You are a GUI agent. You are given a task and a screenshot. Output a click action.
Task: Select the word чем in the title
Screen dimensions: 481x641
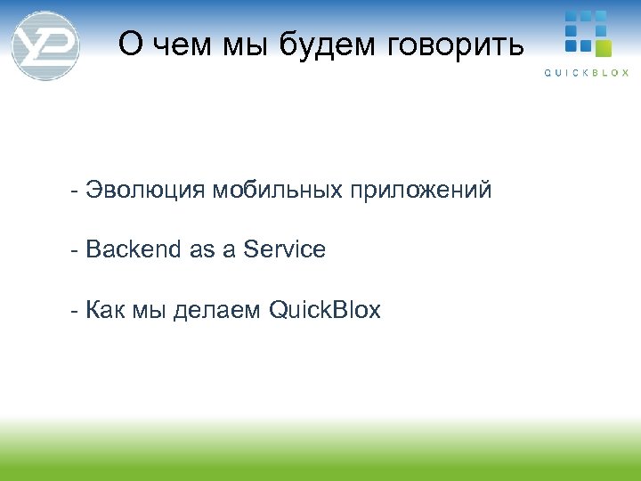pyautogui.click(x=178, y=45)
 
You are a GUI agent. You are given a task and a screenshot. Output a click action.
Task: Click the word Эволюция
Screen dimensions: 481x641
pyautogui.click(x=146, y=190)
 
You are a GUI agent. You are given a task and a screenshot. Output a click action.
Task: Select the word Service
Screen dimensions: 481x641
pyautogui.click(x=284, y=250)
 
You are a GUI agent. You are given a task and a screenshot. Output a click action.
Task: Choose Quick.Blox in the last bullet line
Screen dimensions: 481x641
pyautogui.click(x=324, y=311)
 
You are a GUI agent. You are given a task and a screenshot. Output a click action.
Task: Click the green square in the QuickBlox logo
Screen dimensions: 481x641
pyautogui.click(x=604, y=46)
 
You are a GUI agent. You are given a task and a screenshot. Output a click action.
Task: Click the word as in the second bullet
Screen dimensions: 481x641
pyautogui.click(x=202, y=251)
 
